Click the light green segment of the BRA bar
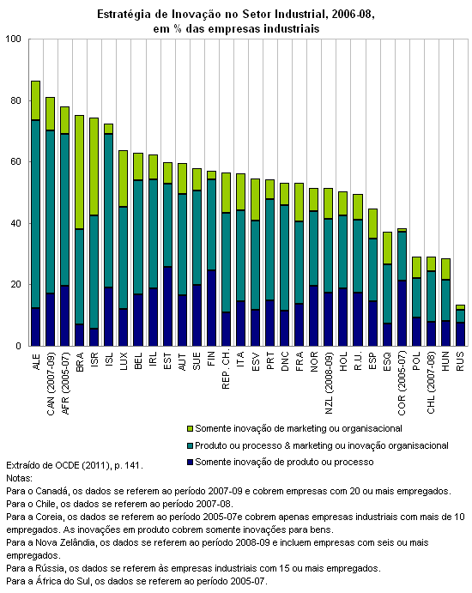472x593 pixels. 80,172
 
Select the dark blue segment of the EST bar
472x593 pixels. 167,306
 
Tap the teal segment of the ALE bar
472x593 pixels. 35,214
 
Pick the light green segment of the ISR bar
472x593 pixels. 94,166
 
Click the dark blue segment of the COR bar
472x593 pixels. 402,313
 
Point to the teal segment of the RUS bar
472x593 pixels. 460,316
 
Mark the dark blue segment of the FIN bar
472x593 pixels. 211,308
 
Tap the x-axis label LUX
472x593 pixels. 124,361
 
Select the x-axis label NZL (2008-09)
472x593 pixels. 329,383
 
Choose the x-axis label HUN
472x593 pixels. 445,361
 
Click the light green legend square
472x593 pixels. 190,429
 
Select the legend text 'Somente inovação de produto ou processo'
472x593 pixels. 284,462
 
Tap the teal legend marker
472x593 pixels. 190,446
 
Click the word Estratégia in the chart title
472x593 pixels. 121,15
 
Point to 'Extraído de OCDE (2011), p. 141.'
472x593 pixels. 75,465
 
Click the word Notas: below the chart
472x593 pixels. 19,478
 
